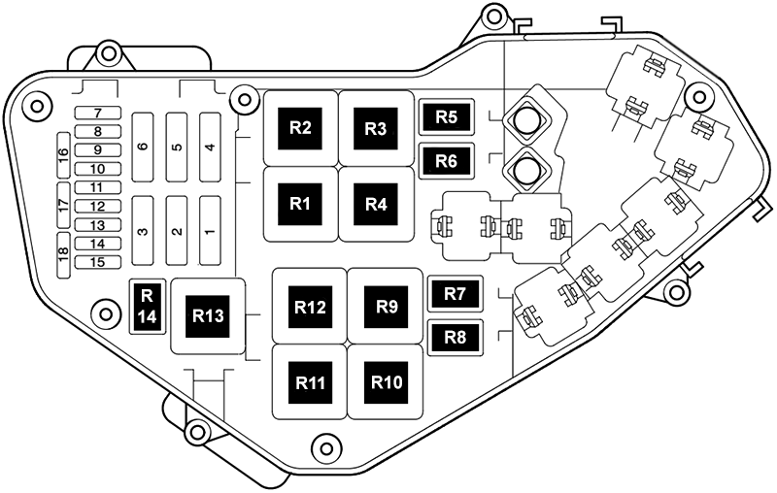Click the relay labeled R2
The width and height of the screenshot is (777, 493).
(x=300, y=128)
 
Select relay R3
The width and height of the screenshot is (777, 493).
(x=375, y=128)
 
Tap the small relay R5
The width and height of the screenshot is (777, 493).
(x=446, y=117)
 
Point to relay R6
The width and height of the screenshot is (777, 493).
(x=446, y=161)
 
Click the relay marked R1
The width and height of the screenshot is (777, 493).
(x=300, y=204)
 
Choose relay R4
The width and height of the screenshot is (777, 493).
(x=376, y=204)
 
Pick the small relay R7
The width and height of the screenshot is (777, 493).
(x=455, y=292)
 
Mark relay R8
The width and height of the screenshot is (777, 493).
(x=455, y=337)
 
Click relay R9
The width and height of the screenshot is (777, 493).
(x=387, y=307)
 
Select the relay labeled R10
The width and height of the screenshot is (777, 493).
(x=387, y=381)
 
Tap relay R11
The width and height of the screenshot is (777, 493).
(x=311, y=381)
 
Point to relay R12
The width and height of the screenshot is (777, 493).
(x=311, y=307)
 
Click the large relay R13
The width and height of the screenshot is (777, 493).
(x=208, y=315)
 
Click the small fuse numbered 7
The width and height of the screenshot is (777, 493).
(x=97, y=113)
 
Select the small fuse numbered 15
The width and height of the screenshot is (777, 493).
(x=97, y=262)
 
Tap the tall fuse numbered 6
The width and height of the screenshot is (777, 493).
(x=143, y=147)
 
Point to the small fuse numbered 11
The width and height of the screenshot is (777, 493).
(x=97, y=187)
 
